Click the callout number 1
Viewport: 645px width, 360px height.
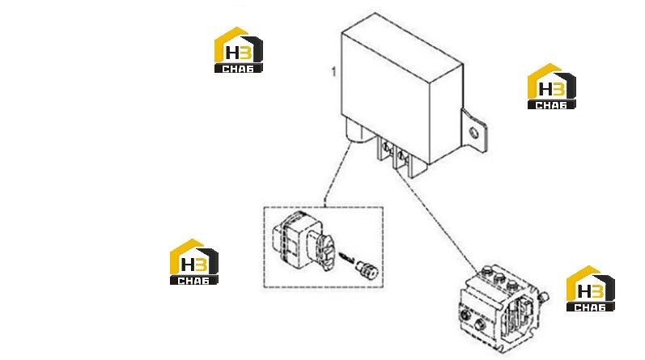333,71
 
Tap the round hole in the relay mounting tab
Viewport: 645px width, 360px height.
474,133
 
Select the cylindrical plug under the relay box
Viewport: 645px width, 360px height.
355,131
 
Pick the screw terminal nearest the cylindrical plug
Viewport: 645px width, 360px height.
386,146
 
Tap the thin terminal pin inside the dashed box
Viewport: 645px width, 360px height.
346,258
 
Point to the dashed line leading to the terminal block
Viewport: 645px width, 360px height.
437,218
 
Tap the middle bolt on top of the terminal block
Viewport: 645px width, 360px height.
499,277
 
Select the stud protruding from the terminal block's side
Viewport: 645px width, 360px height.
544,297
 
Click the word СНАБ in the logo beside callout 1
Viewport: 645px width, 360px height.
238,69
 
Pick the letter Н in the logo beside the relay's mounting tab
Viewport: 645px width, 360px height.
546,89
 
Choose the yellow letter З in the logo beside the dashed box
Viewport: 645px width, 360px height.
202,265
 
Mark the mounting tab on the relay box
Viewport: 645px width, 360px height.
474,131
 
